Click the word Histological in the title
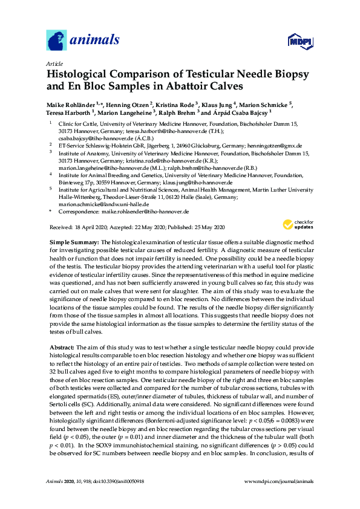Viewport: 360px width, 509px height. pos(79,75)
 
